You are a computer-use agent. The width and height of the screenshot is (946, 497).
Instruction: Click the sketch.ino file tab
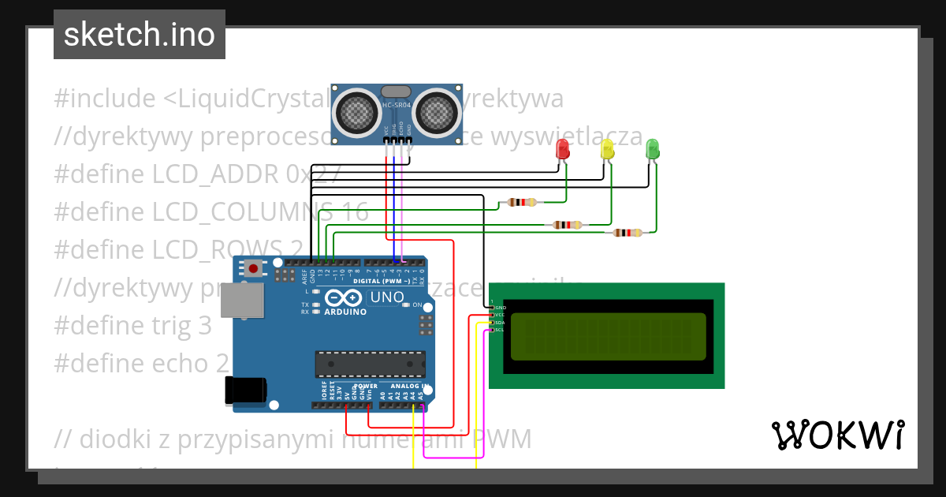[x=140, y=35]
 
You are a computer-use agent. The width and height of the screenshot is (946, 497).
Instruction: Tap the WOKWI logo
[x=837, y=435]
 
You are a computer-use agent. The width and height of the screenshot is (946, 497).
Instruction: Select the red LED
[x=563, y=149]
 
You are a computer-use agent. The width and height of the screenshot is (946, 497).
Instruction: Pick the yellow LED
[x=607, y=149]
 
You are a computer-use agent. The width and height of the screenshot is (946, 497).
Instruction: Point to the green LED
[x=652, y=148]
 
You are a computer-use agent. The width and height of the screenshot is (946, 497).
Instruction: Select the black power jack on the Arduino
[x=245, y=390]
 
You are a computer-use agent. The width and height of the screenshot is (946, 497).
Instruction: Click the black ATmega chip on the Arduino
[x=370, y=364]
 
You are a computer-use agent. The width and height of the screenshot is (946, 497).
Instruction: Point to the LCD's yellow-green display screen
[x=608, y=335]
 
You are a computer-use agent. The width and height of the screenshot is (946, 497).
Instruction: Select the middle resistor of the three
[x=568, y=225]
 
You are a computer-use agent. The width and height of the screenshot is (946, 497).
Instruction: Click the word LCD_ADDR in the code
[x=216, y=174]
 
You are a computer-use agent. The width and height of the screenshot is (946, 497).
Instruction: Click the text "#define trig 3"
[x=133, y=325]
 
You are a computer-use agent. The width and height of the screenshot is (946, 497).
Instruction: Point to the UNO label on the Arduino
[x=387, y=297]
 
